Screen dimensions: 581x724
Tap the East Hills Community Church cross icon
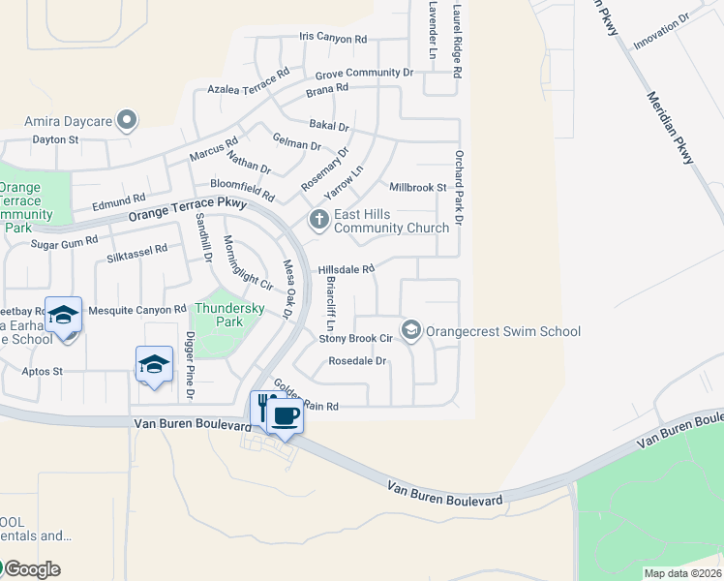tap(318, 221)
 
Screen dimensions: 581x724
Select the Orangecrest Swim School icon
tap(411, 331)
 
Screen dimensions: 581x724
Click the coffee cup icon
tap(285, 416)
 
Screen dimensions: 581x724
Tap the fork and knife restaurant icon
tap(262, 407)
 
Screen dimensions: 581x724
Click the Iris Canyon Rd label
tap(334, 40)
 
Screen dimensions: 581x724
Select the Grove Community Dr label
tap(364, 74)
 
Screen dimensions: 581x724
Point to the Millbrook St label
tap(417, 187)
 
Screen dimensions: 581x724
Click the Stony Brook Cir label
tap(355, 339)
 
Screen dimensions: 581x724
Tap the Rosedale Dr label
tap(357, 361)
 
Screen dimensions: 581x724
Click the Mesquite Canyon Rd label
tap(136, 310)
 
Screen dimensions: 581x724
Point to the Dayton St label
tap(55, 139)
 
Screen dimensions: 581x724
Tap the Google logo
tap(31, 569)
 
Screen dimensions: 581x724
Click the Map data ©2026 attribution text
tap(682, 573)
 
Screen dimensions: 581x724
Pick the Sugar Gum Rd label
tap(65, 242)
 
